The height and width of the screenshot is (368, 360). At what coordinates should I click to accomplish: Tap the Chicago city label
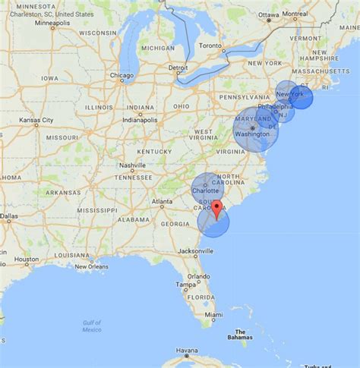122,76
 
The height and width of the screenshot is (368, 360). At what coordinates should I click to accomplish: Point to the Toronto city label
212,46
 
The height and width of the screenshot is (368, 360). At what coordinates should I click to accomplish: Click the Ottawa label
269,14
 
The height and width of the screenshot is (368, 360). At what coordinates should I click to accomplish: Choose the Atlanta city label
162,202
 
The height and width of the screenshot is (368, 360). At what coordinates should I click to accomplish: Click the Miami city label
213,314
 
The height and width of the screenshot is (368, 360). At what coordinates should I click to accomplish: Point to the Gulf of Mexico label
92,326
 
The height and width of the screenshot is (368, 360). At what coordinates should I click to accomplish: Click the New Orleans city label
91,266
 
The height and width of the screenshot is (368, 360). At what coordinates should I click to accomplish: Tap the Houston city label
26,259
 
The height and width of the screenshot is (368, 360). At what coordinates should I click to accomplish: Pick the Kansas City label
36,120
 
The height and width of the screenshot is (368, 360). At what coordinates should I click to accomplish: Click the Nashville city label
132,165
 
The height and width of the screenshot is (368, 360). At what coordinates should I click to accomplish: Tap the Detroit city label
178,68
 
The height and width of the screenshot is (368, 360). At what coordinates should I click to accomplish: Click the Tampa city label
185,285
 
